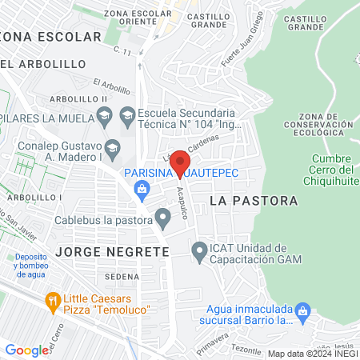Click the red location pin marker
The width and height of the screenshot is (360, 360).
180,162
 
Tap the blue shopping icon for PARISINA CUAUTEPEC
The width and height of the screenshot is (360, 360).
142,189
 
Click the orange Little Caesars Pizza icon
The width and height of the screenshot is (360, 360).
54,302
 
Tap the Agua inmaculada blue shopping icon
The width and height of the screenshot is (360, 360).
302,310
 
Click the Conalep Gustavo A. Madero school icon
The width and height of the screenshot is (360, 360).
113,146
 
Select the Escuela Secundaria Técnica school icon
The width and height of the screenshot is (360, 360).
127,115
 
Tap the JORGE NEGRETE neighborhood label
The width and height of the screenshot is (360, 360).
113,251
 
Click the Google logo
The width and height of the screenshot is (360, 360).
27,350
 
